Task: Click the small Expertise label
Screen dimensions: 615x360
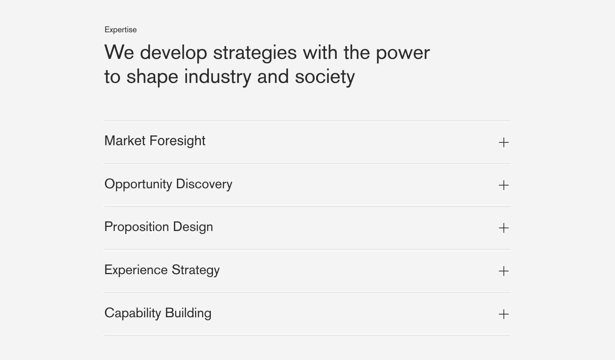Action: pyautogui.click(x=120, y=30)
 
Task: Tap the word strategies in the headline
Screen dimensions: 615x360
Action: pyautogui.click(x=255, y=53)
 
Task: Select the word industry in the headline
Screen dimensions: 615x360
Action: pyautogui.click(x=217, y=77)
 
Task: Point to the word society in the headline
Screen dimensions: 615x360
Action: pyautogui.click(x=325, y=77)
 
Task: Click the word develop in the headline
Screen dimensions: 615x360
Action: pyautogui.click(x=174, y=52)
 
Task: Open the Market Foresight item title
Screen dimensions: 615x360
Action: pyautogui.click(x=155, y=141)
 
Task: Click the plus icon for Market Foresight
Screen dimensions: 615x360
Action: pyautogui.click(x=504, y=142)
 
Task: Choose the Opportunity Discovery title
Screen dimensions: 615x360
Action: pyautogui.click(x=168, y=184)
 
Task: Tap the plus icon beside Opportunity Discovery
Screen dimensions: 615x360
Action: pyautogui.click(x=504, y=185)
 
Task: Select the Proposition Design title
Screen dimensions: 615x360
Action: pyautogui.click(x=159, y=227)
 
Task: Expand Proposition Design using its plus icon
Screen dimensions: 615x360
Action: pyautogui.click(x=504, y=228)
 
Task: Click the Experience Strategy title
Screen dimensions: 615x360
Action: pyautogui.click(x=162, y=270)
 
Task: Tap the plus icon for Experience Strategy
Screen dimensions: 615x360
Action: pyautogui.click(x=504, y=271)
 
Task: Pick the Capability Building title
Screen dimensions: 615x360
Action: pyautogui.click(x=158, y=313)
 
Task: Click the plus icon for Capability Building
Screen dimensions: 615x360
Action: pyautogui.click(x=504, y=314)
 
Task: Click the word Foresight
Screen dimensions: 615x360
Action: pyautogui.click(x=177, y=141)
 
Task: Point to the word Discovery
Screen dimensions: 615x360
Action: pyautogui.click(x=204, y=184)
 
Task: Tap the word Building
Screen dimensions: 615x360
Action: pyautogui.click(x=188, y=313)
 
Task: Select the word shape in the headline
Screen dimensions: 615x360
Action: pyautogui.click(x=152, y=77)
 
